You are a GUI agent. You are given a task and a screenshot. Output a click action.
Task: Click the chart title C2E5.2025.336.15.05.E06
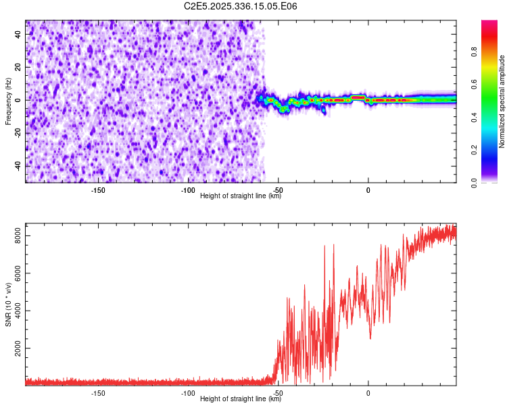point(241,7)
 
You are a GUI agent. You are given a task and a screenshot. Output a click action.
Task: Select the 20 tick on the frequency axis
point(18,67)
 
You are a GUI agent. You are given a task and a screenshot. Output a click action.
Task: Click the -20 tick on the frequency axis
point(17,133)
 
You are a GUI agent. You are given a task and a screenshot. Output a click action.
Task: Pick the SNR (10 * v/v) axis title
point(8,304)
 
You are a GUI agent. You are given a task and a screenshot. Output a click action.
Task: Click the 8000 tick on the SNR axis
point(15,235)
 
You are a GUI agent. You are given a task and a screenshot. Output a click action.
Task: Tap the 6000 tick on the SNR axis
point(15,273)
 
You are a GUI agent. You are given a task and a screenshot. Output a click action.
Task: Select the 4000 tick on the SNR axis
point(15,311)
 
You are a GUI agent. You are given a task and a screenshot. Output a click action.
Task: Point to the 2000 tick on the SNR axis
point(15,349)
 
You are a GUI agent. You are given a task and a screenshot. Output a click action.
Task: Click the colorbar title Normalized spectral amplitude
point(502,101)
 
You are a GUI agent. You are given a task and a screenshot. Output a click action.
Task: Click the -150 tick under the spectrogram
point(98,189)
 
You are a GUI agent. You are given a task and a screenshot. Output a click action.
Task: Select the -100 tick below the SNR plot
point(188,392)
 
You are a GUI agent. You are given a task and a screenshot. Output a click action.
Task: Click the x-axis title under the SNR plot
point(241,399)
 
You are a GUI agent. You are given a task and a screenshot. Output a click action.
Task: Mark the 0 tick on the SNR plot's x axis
point(368,392)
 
